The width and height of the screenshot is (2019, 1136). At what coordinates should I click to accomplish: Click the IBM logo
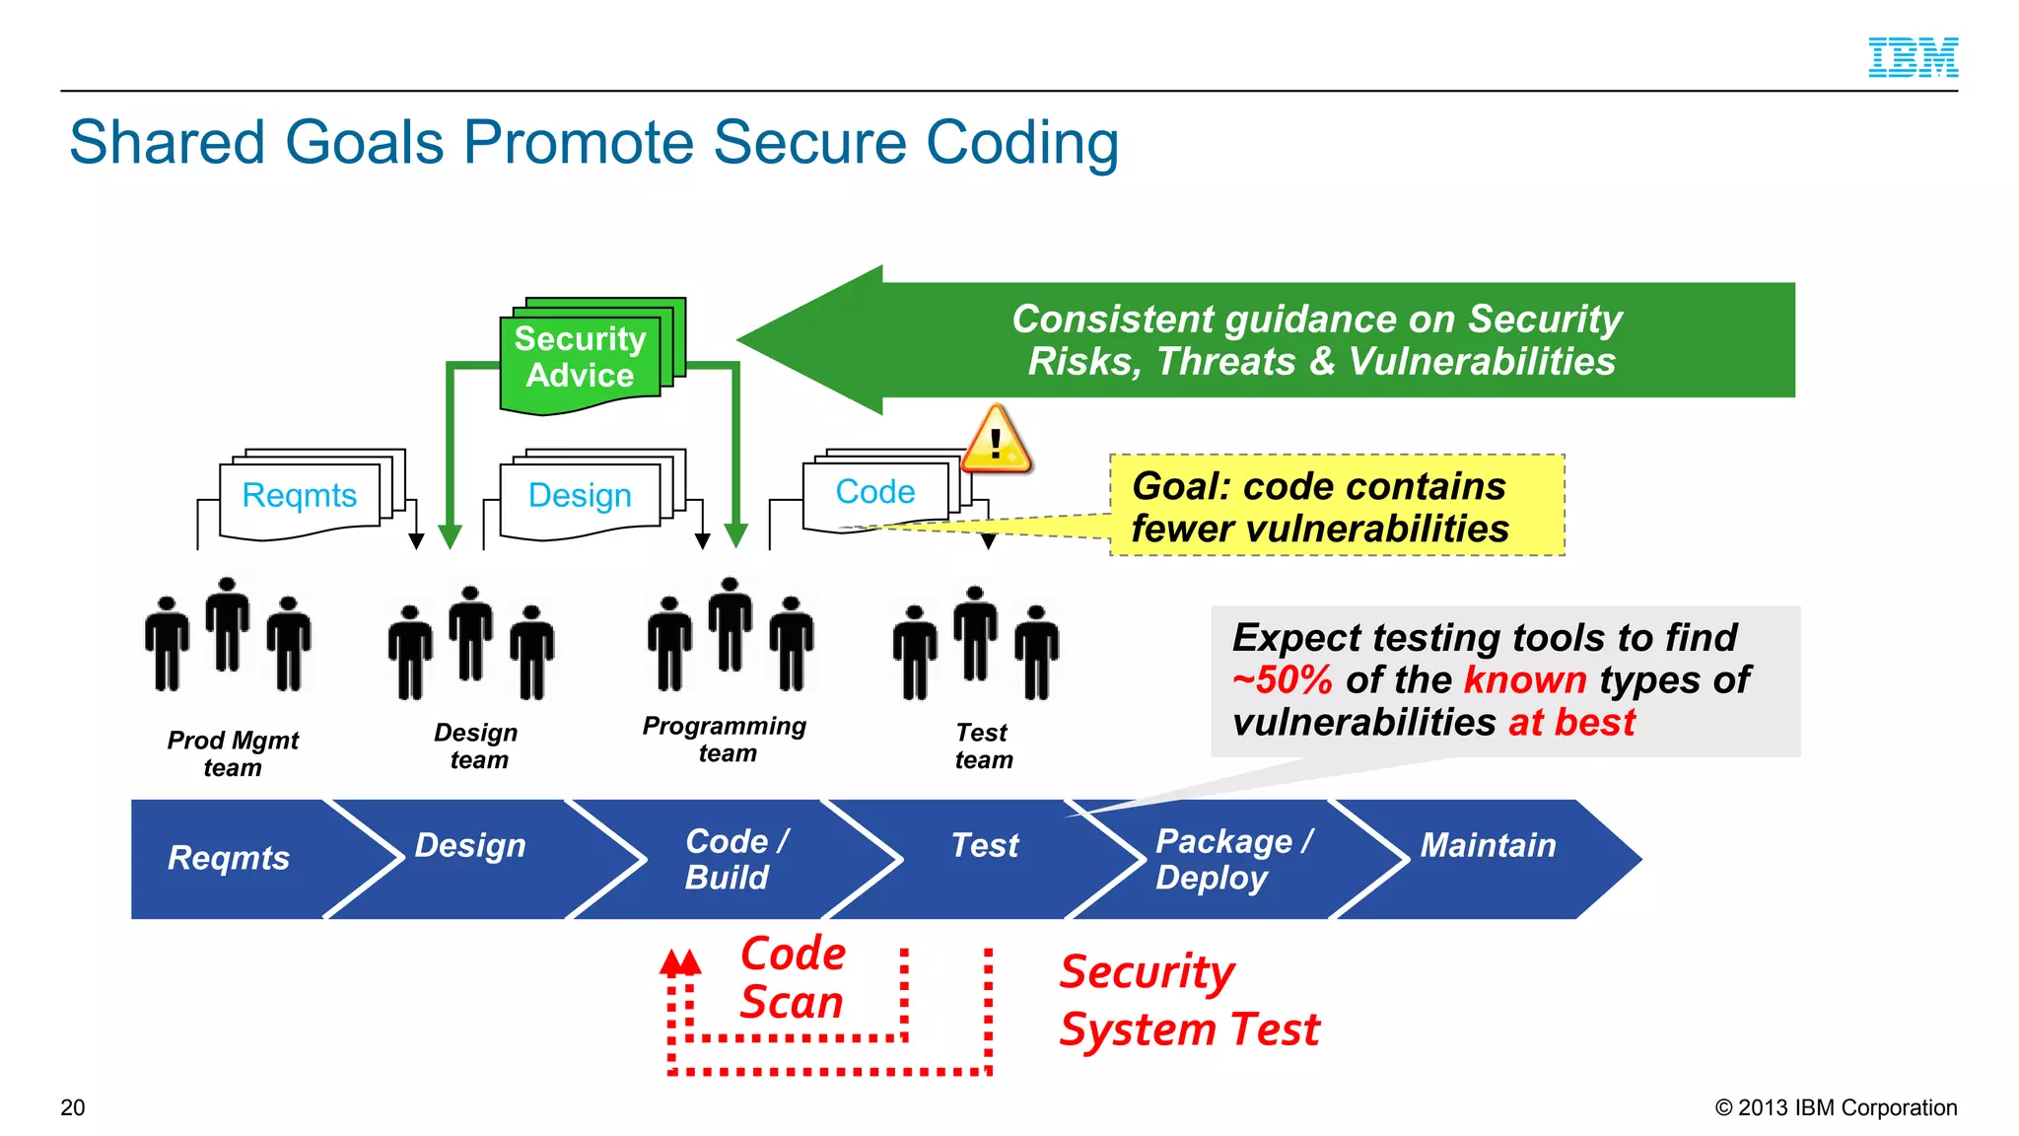click(x=1913, y=57)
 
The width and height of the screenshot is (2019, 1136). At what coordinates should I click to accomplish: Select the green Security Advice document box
click(x=581, y=358)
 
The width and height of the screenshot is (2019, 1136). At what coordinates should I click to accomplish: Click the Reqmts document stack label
click(x=300, y=495)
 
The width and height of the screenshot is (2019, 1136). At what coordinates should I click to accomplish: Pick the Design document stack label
click(x=580, y=495)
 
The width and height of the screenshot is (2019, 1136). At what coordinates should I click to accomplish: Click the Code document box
click(x=875, y=492)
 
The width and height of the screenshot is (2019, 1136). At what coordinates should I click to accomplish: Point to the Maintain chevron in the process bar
click(x=1488, y=846)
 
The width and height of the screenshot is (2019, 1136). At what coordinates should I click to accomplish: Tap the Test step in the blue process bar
click(x=984, y=846)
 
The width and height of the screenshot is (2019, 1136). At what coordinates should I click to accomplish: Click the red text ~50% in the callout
click(x=1283, y=680)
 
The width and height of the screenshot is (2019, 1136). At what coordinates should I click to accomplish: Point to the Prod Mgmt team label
click(x=233, y=753)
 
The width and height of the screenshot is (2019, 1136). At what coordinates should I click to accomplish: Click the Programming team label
click(x=725, y=740)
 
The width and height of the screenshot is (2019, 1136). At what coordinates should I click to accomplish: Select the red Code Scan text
click(x=793, y=978)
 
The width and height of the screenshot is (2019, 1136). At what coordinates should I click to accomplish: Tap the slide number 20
click(x=73, y=1107)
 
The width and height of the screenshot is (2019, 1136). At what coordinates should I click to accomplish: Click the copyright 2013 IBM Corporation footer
click(x=1836, y=1107)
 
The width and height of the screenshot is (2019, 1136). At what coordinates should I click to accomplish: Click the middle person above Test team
click(x=975, y=633)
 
